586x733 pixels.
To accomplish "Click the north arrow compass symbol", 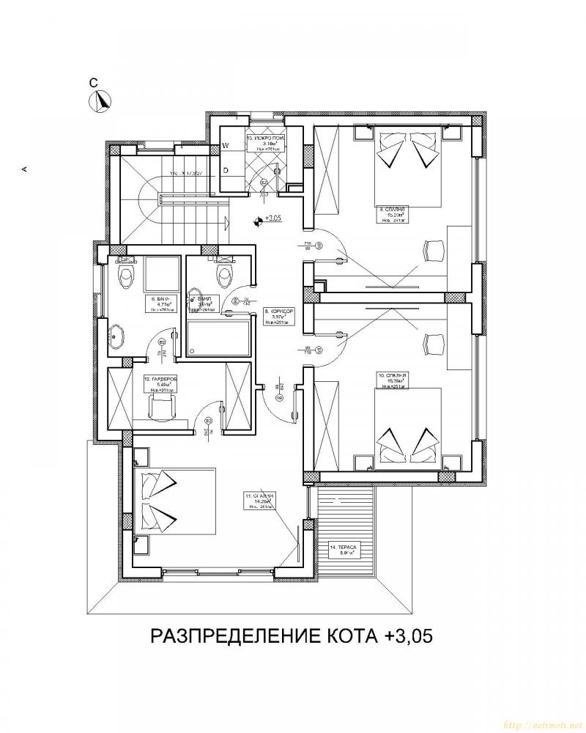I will point(99,102).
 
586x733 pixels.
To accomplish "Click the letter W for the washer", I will point(226,145).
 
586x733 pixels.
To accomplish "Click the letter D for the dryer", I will point(226,170).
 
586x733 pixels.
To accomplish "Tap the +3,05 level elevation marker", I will point(258,218).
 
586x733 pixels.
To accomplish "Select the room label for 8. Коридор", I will point(278,316).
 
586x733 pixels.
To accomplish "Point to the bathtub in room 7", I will point(218,341).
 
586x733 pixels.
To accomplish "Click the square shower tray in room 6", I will point(161,273).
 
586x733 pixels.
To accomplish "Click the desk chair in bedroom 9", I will point(435,248).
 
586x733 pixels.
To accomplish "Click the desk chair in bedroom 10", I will point(435,342).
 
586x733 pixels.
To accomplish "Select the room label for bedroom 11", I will point(259,500).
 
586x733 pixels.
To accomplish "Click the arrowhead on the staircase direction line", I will point(226,219).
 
